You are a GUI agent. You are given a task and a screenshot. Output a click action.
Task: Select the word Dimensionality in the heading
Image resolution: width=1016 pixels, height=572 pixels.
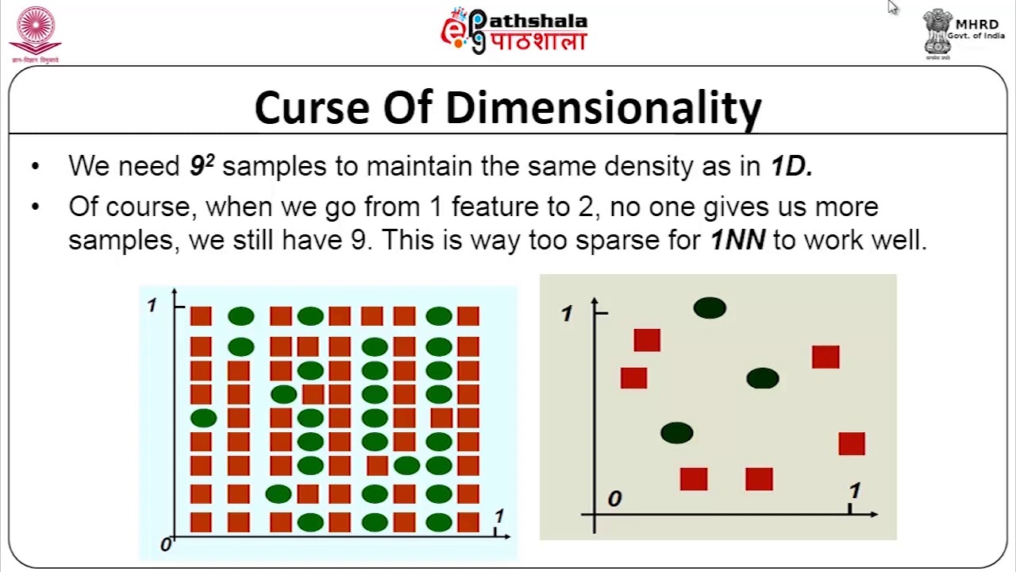coord(603,109)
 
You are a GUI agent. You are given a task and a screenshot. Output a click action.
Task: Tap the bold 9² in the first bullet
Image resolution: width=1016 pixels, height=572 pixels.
coord(202,166)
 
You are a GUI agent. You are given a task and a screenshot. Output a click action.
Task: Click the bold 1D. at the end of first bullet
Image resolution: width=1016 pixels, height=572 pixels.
coord(791,166)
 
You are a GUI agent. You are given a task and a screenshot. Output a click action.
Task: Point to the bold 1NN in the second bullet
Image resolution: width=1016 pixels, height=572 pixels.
coord(737,239)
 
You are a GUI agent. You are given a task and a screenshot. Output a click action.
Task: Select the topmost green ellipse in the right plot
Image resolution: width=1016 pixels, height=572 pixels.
coord(710,308)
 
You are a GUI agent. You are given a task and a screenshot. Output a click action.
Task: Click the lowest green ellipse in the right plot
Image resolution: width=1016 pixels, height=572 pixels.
coord(676,433)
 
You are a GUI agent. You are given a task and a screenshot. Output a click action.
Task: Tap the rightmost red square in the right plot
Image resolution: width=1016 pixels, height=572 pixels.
coord(852,443)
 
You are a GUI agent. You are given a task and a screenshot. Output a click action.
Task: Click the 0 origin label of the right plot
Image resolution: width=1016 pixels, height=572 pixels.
coord(614,499)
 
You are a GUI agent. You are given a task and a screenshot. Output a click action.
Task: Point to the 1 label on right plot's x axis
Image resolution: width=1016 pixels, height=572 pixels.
coord(854,491)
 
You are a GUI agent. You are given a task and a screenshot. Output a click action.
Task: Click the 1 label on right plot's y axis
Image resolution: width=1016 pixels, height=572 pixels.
coord(566,314)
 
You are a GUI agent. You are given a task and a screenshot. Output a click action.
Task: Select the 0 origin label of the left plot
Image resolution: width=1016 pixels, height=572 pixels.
coord(165,545)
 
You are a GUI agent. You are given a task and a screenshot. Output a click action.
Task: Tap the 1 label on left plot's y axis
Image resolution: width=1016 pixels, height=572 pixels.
coord(152,306)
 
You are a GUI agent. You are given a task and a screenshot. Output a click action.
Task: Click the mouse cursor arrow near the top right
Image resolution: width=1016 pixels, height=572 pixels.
coord(892,7)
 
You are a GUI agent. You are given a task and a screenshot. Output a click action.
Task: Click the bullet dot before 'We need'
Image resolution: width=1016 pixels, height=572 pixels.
coord(34,167)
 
